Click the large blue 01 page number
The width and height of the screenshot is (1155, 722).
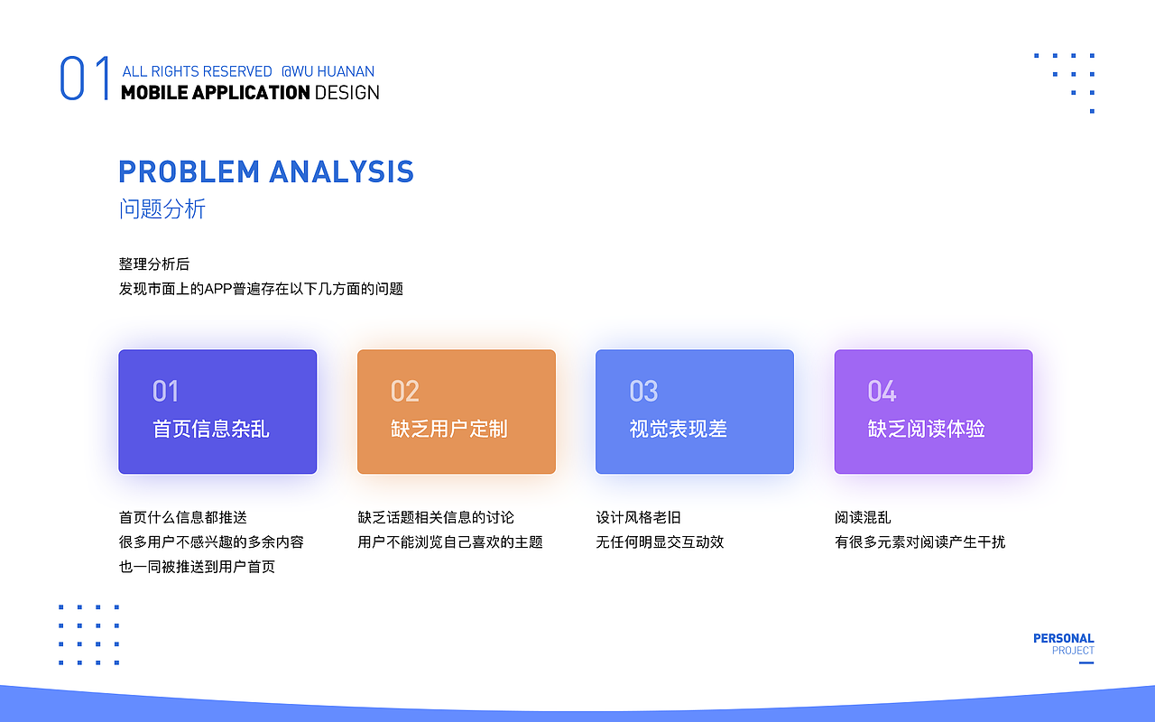pyautogui.click(x=85, y=79)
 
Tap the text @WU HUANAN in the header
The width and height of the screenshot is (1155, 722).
pyautogui.click(x=328, y=71)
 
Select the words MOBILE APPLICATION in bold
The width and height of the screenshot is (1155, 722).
pyautogui.click(x=216, y=92)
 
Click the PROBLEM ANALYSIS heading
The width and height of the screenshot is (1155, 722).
pyautogui.click(x=266, y=171)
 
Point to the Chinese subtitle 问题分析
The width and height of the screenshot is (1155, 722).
pyautogui.click(x=162, y=209)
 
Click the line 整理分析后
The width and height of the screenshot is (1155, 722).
pyautogui.click(x=154, y=264)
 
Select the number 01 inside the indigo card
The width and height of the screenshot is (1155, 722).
pyautogui.click(x=165, y=392)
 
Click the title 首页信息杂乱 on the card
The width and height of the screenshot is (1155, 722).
pyautogui.click(x=211, y=429)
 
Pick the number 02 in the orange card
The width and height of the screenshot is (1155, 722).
pyautogui.click(x=404, y=392)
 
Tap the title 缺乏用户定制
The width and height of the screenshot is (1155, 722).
pyautogui.click(x=449, y=429)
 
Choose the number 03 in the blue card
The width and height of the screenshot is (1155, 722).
pyautogui.click(x=643, y=392)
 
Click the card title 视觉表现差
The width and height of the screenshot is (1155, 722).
pyautogui.click(x=678, y=429)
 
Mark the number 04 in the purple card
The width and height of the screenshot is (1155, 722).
pyautogui.click(x=882, y=392)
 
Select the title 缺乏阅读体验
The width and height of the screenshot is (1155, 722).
pyautogui.click(x=926, y=429)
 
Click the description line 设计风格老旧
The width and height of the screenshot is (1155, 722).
pyautogui.click(x=638, y=517)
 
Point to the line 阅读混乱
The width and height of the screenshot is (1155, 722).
pyautogui.click(x=863, y=517)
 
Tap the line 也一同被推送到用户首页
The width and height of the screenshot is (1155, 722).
pyautogui.click(x=197, y=567)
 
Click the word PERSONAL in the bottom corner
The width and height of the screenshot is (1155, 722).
pyautogui.click(x=1063, y=638)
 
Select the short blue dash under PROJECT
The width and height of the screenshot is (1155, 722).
pyautogui.click(x=1086, y=663)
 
